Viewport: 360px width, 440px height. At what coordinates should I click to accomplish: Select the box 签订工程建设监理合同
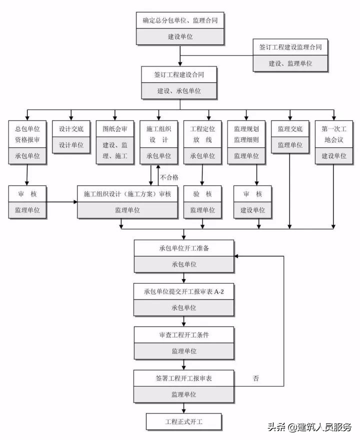[x=290, y=47]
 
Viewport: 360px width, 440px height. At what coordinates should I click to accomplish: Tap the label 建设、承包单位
[x=179, y=90]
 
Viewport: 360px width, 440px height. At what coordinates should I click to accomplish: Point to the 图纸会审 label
[x=115, y=128]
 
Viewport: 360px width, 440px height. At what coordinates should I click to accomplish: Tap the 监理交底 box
[x=290, y=128]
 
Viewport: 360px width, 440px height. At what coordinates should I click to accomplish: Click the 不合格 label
[x=169, y=177]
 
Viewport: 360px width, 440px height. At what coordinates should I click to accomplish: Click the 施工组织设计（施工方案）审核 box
[x=127, y=194]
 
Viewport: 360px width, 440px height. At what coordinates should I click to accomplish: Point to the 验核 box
[x=202, y=194]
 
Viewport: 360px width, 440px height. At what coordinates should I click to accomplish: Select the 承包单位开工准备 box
[x=183, y=248]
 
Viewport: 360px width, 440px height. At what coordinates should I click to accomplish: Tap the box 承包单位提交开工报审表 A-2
[x=183, y=291]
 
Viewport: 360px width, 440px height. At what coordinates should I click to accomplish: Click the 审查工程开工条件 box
[x=183, y=335]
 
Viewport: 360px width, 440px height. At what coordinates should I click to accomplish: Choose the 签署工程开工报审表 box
[x=183, y=378]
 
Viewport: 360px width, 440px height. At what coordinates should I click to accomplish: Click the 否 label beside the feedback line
[x=256, y=378]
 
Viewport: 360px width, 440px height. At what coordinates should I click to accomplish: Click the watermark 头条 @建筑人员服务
[x=309, y=426]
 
